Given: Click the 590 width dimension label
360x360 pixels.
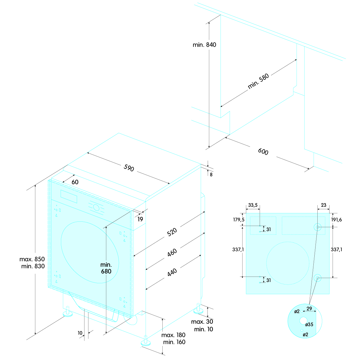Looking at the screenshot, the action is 129,168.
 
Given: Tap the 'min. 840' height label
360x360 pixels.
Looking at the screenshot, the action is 204,45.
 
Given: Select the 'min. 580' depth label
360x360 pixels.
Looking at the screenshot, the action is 258,81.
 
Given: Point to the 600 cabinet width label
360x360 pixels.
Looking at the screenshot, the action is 263,152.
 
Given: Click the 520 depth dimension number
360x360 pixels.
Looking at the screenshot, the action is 172,232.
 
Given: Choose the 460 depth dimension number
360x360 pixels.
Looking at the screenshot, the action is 172,252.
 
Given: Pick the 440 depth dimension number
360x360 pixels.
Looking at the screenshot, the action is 172,272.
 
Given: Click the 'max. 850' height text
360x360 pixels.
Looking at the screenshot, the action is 32,259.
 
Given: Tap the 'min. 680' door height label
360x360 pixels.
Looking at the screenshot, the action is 106,268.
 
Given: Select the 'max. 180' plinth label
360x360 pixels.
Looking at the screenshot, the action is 173,335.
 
